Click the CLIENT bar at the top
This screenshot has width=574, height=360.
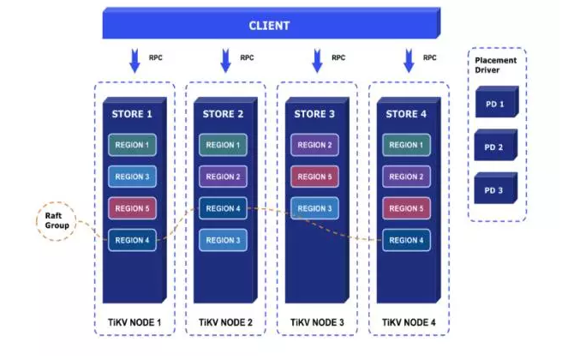[269, 25]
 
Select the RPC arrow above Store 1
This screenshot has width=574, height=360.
[135, 60]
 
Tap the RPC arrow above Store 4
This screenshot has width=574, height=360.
[408, 60]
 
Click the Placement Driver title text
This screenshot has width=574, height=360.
[496, 65]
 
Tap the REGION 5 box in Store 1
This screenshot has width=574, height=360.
[132, 208]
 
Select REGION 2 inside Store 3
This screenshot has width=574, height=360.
[314, 145]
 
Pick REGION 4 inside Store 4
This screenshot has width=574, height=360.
[406, 240]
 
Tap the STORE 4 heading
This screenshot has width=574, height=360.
[406, 114]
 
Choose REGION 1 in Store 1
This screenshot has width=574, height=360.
[132, 145]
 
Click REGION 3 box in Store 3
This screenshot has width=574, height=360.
[314, 208]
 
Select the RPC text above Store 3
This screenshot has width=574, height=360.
[338, 58]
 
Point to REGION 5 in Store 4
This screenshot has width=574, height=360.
[406, 208]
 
